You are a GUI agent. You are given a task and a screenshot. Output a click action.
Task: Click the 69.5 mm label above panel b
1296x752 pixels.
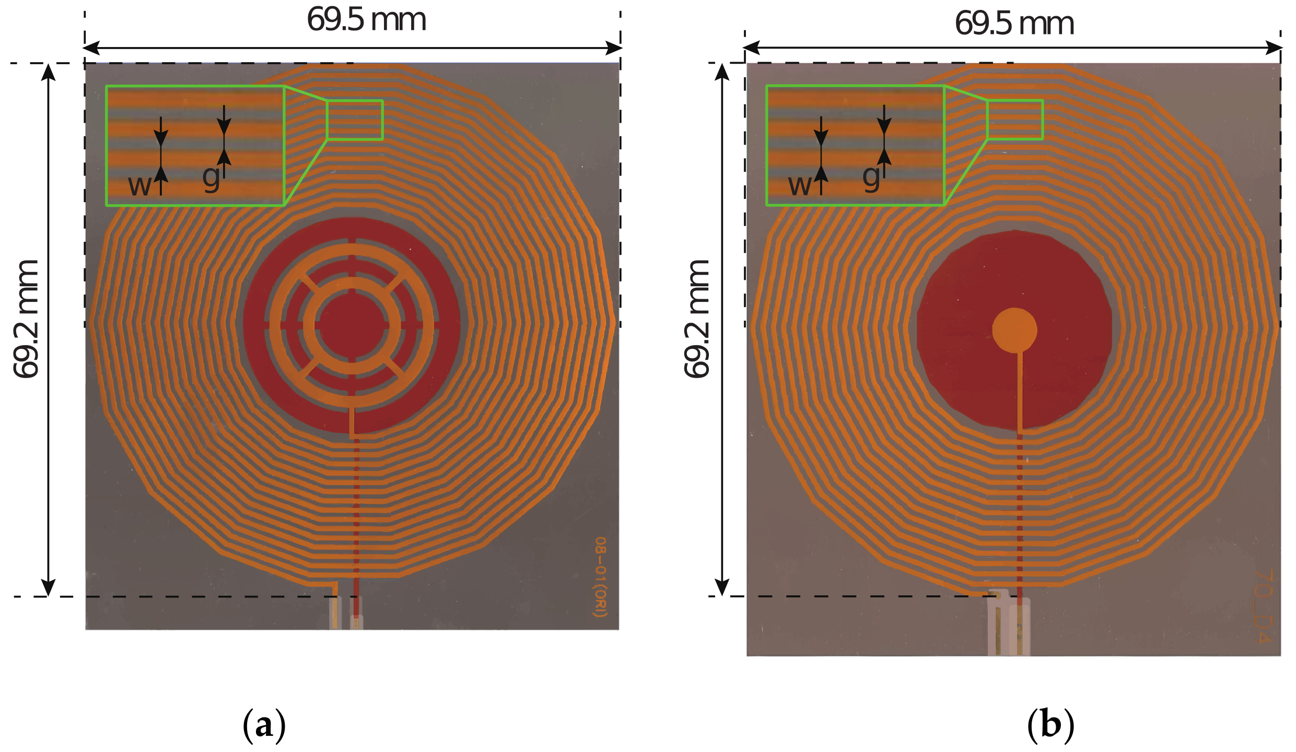(x=1014, y=23)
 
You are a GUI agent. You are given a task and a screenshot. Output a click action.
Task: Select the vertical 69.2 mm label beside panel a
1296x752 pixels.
(x=26, y=319)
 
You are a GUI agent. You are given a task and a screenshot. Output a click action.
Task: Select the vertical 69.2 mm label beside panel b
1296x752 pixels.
(x=697, y=319)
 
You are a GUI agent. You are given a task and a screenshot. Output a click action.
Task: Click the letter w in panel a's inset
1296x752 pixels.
(x=139, y=185)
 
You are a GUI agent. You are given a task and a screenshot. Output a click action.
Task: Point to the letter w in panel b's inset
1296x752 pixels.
(x=800, y=185)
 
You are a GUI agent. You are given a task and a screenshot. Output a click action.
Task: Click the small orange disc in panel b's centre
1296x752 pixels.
(x=1014, y=330)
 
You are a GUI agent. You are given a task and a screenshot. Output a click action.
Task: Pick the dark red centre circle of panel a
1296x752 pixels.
(x=352, y=325)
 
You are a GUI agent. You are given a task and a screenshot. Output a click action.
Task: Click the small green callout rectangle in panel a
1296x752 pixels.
(x=355, y=120)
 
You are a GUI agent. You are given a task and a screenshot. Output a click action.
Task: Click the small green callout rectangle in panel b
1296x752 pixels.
(x=1015, y=120)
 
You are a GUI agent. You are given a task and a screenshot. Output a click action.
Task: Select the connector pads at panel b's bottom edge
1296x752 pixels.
(x=1009, y=627)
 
